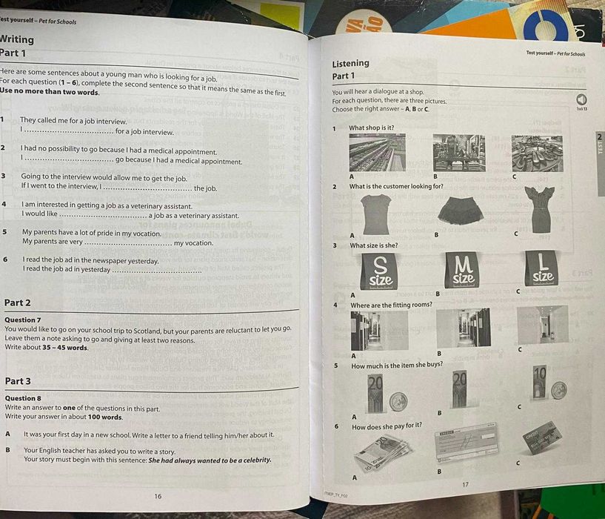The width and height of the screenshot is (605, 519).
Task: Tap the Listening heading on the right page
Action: [x=351, y=64]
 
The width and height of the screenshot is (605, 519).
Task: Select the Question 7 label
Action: [x=23, y=320]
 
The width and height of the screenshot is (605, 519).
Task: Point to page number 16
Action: [x=158, y=496]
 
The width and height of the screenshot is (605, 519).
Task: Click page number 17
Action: [x=465, y=485]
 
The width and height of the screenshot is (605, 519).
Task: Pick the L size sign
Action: [x=542, y=269]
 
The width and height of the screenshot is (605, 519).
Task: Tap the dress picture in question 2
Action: [x=540, y=210]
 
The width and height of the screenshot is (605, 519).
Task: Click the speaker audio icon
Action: [x=581, y=99]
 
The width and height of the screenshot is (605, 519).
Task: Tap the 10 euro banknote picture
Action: [x=539, y=383]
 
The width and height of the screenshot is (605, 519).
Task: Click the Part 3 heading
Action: [x=18, y=381]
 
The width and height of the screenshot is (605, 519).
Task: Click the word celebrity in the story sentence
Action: [x=253, y=460]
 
